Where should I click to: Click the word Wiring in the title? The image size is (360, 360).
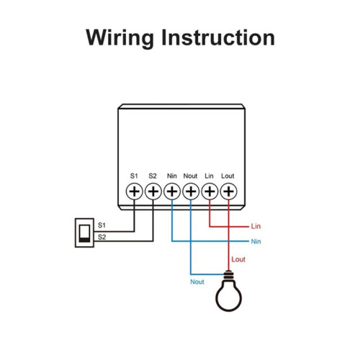pyautogui.click(x=120, y=38)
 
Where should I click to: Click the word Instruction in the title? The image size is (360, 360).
pyautogui.click(x=218, y=37)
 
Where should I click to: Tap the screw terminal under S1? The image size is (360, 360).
pyautogui.click(x=135, y=192)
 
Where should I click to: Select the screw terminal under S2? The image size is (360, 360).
pyautogui.click(x=153, y=192)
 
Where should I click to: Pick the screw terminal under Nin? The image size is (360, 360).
pyautogui.click(x=172, y=192)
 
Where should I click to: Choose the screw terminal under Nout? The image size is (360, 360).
pyautogui.click(x=191, y=192)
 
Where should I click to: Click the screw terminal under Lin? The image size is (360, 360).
pyautogui.click(x=210, y=192)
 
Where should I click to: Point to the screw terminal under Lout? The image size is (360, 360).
pyautogui.click(x=228, y=192)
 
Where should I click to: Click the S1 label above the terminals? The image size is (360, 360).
pyautogui.click(x=134, y=176)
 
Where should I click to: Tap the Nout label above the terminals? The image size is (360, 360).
pyautogui.click(x=190, y=176)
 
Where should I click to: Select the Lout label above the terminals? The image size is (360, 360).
pyautogui.click(x=228, y=176)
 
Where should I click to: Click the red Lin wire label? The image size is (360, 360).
pyautogui.click(x=256, y=226)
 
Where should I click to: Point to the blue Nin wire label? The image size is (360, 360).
pyautogui.click(x=256, y=241)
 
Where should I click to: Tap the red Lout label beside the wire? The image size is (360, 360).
pyautogui.click(x=238, y=259)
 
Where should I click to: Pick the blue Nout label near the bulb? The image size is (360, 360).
pyautogui.click(x=197, y=282)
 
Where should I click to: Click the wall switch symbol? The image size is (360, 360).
pyautogui.click(x=84, y=233)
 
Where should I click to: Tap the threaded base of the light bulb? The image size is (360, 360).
pyautogui.click(x=228, y=275)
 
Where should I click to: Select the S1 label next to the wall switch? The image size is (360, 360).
pyautogui.click(x=102, y=225)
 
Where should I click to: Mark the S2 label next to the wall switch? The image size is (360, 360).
pyautogui.click(x=102, y=237)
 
